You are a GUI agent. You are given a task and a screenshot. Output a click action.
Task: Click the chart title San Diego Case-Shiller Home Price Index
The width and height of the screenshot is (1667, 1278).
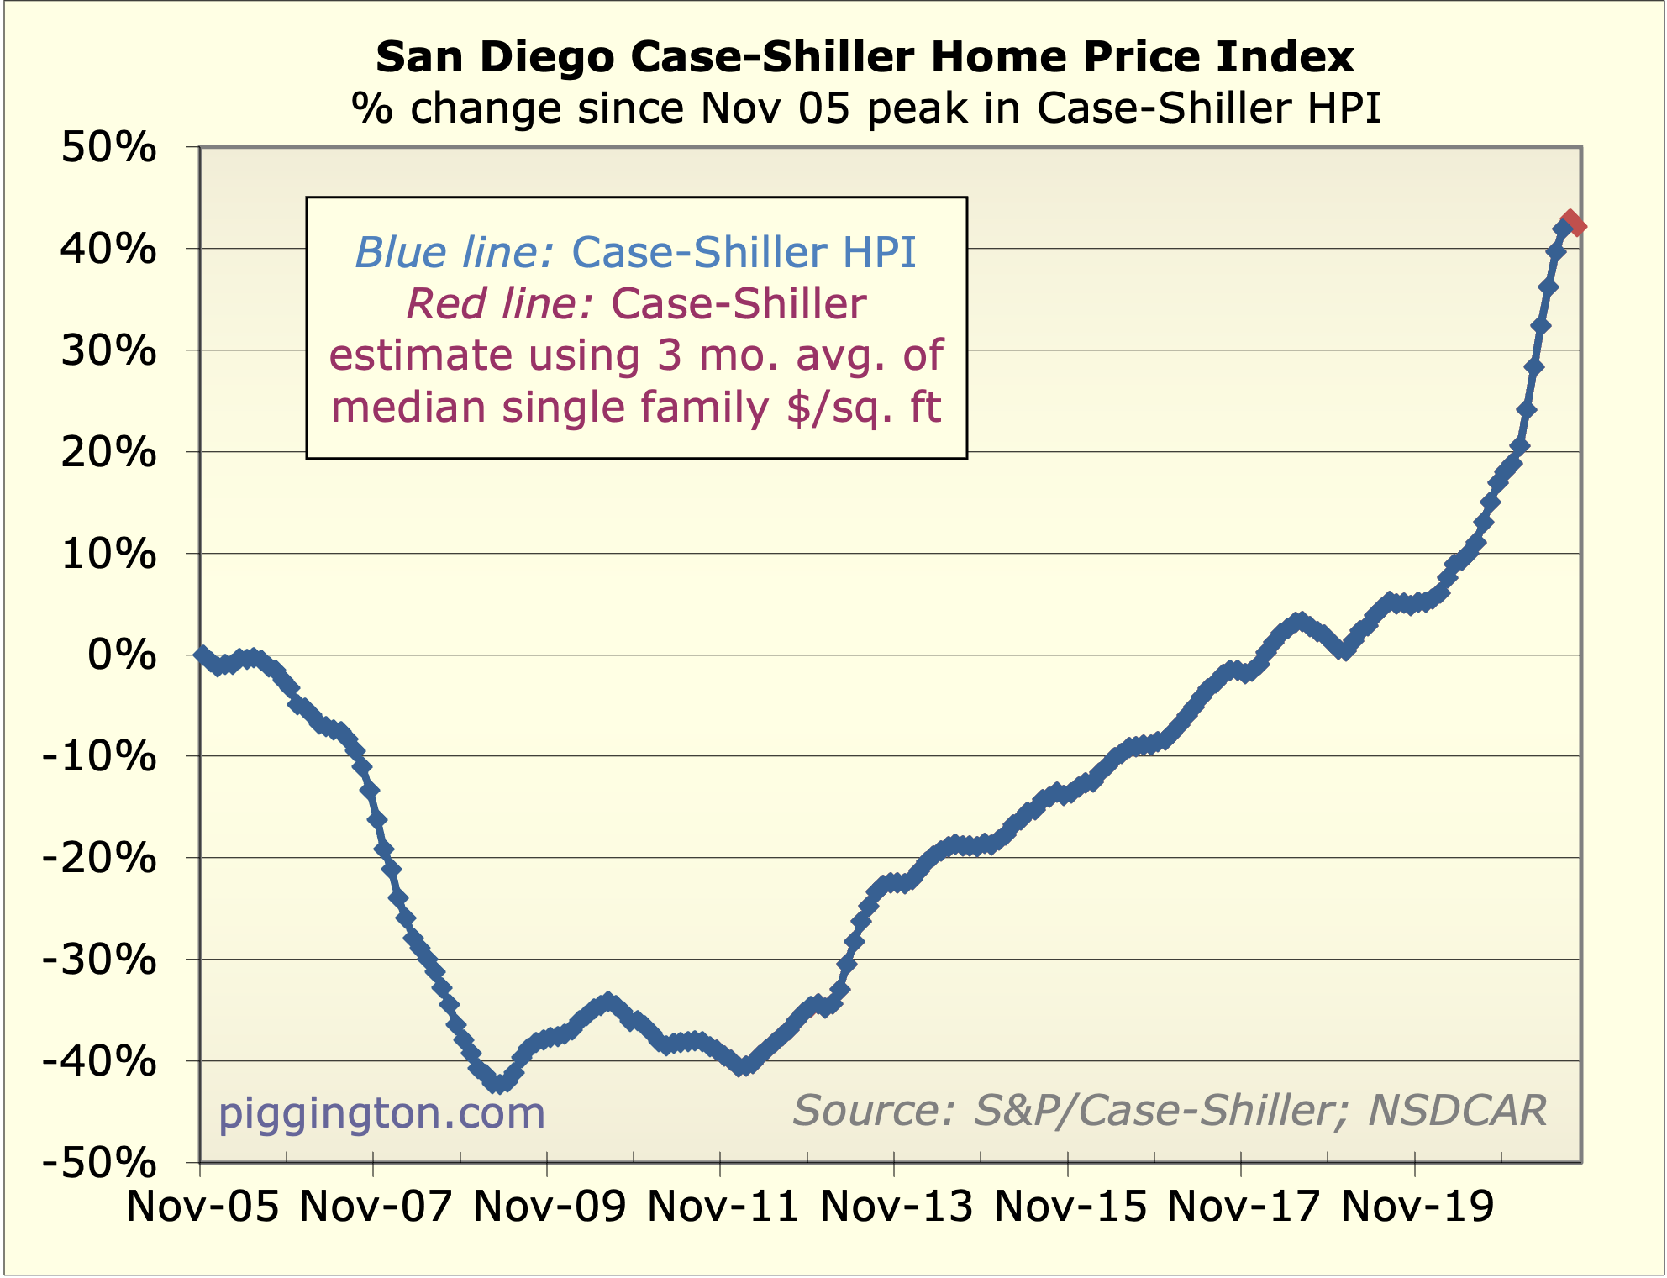click(865, 57)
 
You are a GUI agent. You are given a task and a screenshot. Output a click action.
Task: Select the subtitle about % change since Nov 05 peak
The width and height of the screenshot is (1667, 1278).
click(865, 108)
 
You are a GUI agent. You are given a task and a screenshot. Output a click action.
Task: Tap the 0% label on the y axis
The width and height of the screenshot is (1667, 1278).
click(123, 655)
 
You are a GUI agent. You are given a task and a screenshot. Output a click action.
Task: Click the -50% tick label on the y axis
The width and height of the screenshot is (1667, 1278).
click(99, 1164)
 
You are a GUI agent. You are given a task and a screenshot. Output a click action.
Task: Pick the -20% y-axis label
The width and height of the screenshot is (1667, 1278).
click(99, 859)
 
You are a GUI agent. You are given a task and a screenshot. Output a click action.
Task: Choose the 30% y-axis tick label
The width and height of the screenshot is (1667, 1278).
click(109, 351)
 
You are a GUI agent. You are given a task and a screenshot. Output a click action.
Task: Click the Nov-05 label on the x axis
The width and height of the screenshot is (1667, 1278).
click(202, 1207)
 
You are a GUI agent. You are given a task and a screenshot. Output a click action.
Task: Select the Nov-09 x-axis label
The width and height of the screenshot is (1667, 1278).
click(550, 1207)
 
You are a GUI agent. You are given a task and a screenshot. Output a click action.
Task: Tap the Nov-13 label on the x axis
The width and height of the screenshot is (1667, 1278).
click(897, 1207)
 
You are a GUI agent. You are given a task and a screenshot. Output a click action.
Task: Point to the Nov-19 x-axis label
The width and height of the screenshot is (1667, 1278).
click(1417, 1207)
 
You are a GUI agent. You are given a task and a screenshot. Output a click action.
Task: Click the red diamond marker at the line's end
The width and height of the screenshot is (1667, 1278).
click(1573, 224)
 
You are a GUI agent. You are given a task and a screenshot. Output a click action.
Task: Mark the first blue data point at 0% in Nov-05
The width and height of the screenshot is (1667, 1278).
click(201, 655)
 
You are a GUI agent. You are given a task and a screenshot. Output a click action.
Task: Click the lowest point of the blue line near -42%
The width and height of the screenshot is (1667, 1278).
click(499, 1084)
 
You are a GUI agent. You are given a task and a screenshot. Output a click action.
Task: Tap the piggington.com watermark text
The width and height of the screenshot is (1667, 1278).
click(381, 1112)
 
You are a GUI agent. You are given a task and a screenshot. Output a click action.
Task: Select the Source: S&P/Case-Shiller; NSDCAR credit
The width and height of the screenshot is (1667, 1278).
click(1169, 1110)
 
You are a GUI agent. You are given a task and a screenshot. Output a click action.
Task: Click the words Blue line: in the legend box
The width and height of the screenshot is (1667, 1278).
click(454, 252)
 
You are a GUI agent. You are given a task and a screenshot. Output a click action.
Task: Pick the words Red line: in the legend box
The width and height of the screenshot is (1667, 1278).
click(501, 303)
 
